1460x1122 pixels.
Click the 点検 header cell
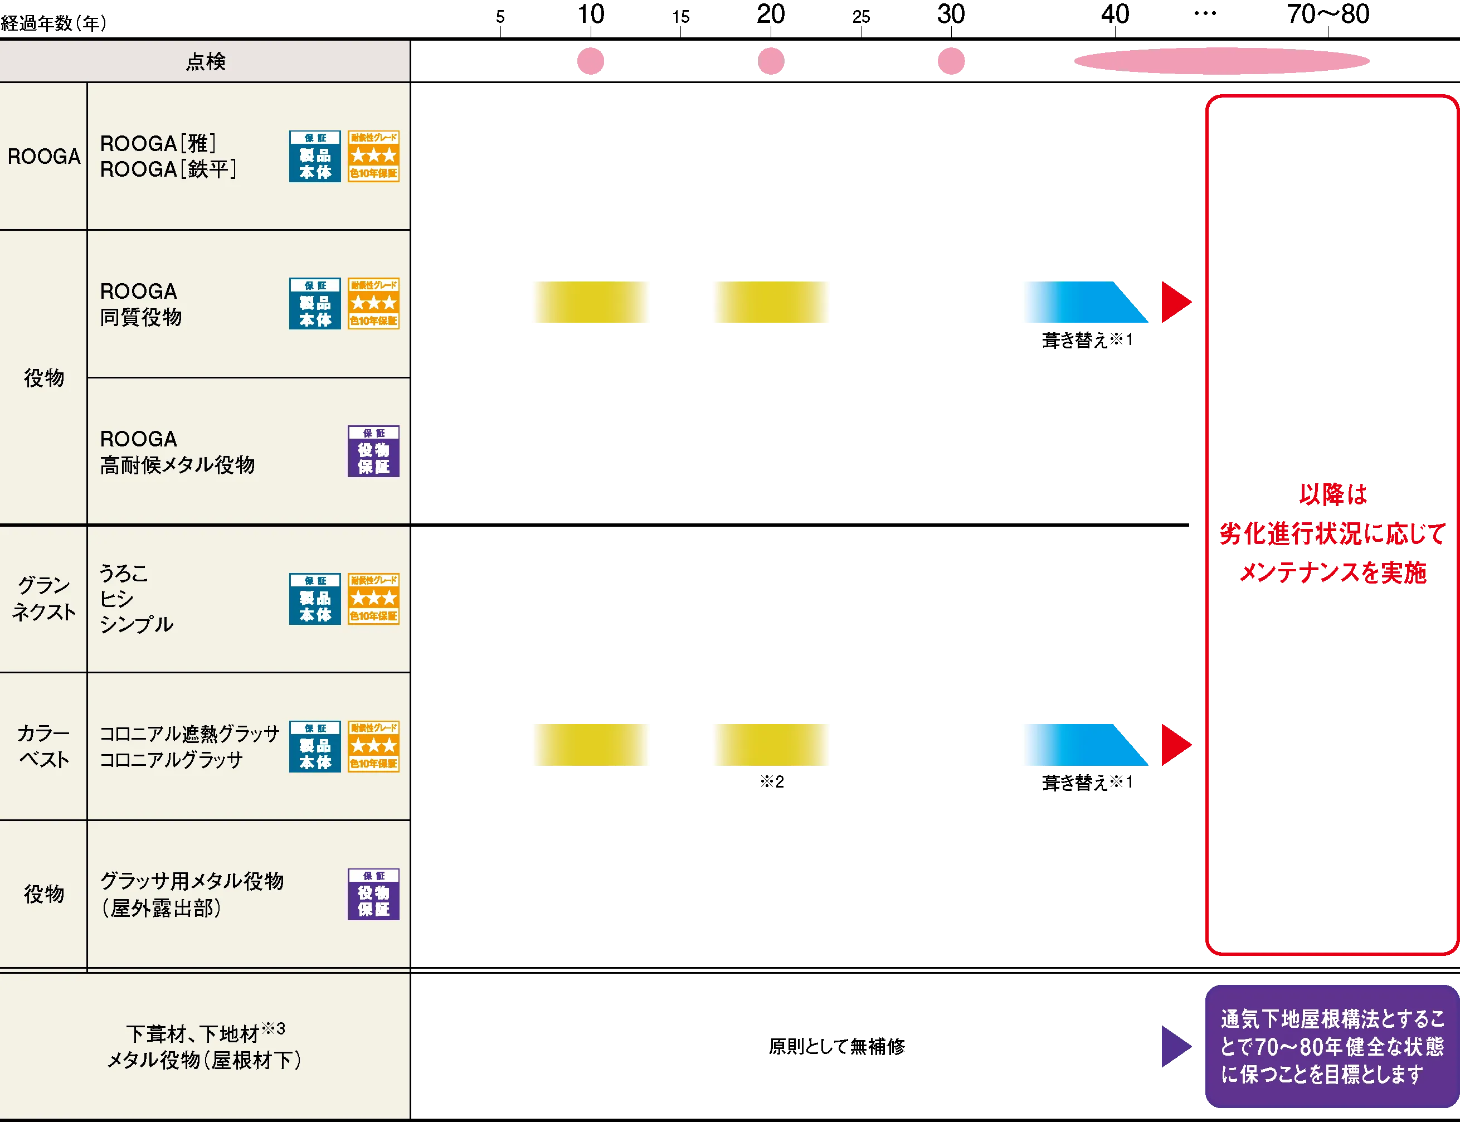point(205,61)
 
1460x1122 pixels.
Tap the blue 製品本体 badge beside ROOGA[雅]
point(314,156)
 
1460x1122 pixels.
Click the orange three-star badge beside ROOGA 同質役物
point(373,303)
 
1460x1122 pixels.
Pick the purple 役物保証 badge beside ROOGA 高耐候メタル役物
point(373,451)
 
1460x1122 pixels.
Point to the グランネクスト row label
point(44,599)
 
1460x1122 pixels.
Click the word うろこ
point(124,573)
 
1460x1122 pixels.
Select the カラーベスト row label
point(44,746)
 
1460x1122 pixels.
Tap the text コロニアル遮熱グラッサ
point(189,734)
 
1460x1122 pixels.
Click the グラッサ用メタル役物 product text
point(192,881)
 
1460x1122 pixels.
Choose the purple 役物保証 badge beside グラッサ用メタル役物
point(373,893)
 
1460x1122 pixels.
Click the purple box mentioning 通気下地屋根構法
point(1331,1046)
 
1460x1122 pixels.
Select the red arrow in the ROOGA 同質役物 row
point(1175,303)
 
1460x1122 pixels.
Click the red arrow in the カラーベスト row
point(1175,744)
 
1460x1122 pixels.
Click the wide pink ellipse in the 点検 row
point(1223,61)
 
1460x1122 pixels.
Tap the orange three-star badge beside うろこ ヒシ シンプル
point(373,599)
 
